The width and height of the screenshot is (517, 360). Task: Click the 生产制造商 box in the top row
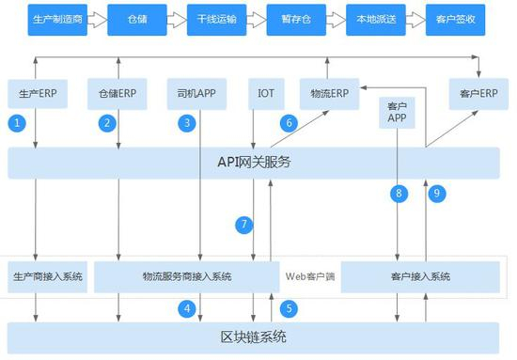pyautogui.click(x=47, y=18)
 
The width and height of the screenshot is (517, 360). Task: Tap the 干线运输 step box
pyautogui.click(x=215, y=18)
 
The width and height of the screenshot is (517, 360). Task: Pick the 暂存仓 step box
pyautogui.click(x=295, y=18)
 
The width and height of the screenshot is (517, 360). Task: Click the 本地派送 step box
pyautogui.click(x=374, y=18)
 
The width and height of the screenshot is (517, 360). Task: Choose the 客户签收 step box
pyautogui.click(x=456, y=18)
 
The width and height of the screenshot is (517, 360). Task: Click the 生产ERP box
pyautogui.click(x=37, y=94)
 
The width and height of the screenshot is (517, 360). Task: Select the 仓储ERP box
pyautogui.click(x=117, y=94)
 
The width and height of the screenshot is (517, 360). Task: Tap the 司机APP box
pyautogui.click(x=198, y=94)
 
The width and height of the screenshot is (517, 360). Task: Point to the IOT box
pyautogui.click(x=266, y=94)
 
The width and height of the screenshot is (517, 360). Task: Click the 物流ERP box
pyautogui.click(x=327, y=94)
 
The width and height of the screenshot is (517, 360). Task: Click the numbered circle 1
pyautogui.click(x=17, y=122)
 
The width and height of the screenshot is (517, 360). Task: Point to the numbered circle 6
pyautogui.click(x=289, y=122)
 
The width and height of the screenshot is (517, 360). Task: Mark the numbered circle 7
pyautogui.click(x=244, y=225)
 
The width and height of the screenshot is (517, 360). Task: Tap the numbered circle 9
pyautogui.click(x=435, y=193)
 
